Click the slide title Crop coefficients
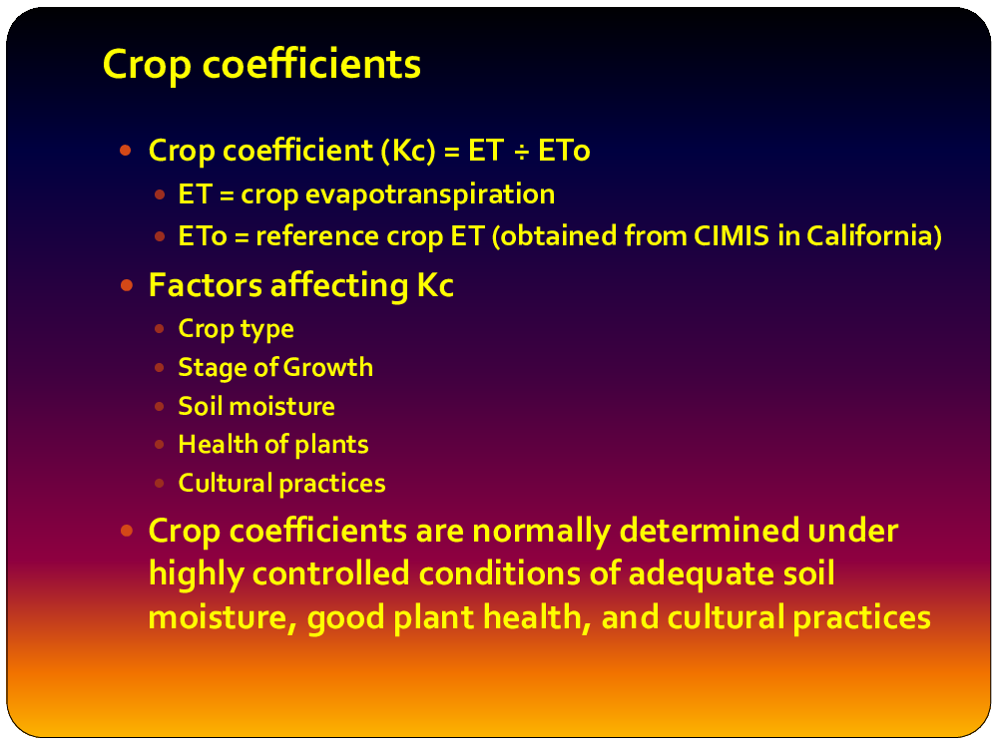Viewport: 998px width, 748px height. (261, 65)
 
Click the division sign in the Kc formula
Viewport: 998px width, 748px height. (521, 152)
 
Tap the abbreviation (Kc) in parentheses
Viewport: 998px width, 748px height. (408, 151)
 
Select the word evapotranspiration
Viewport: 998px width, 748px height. (430, 194)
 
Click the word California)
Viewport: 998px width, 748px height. (874, 236)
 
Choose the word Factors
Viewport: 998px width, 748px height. (206, 285)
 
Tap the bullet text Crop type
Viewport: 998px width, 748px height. (237, 329)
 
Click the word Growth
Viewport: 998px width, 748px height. (327, 368)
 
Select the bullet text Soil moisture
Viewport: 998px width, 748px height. (256, 407)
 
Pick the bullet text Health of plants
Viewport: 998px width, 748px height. (273, 445)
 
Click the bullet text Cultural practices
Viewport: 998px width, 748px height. (282, 484)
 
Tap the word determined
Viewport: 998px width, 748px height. (709, 530)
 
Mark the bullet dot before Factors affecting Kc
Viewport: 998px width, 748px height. (126, 285)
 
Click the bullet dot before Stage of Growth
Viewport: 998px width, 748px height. (159, 368)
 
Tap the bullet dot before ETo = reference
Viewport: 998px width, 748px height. (159, 236)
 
